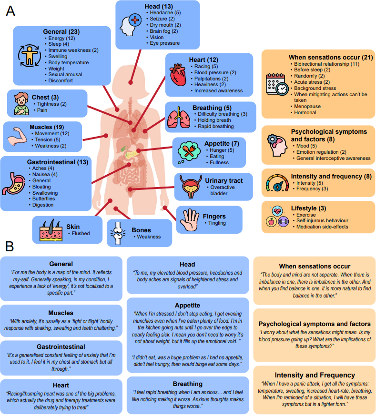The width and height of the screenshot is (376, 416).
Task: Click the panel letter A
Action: [x=10, y=11]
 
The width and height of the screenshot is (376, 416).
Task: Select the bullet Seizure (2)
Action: [x=163, y=19]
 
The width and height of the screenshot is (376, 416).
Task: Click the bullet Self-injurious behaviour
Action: [x=323, y=220]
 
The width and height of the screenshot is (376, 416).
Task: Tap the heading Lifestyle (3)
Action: [x=309, y=208]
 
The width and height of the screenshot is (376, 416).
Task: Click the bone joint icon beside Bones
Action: [x=117, y=233]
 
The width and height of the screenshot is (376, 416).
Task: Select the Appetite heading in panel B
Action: [x=187, y=305]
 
